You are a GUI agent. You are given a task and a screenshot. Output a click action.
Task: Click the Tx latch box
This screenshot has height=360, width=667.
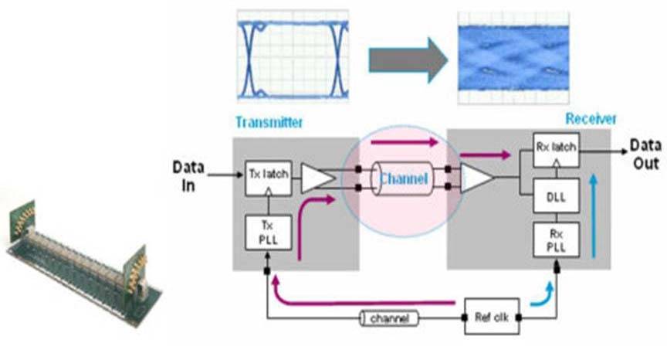[x=269, y=178]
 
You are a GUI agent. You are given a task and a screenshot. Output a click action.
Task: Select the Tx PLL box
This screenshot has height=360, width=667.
[x=269, y=233]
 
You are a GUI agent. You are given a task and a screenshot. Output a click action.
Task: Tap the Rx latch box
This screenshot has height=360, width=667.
[x=556, y=150]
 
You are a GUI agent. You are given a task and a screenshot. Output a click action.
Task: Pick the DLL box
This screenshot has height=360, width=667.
[x=556, y=195]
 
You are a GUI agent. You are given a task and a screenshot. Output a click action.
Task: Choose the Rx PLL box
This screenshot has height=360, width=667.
[x=556, y=240]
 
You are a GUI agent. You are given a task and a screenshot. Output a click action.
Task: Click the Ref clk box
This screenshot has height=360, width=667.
[x=492, y=317]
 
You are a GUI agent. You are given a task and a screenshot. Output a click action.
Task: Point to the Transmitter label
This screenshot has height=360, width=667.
[x=269, y=123]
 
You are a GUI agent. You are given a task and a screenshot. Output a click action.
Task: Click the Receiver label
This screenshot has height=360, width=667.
[x=591, y=119]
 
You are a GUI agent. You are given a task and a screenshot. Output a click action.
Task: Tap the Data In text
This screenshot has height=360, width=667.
[x=188, y=176]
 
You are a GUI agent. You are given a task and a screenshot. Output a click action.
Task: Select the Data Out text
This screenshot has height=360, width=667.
[x=645, y=154]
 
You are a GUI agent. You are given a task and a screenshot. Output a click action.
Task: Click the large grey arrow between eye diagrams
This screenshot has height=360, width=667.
[x=408, y=60]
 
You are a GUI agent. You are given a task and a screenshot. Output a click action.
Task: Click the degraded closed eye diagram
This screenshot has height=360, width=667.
[x=513, y=58]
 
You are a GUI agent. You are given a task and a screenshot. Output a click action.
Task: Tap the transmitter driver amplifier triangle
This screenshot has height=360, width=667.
[x=317, y=178]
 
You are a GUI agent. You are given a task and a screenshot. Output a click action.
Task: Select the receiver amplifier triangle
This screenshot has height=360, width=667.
[x=476, y=178]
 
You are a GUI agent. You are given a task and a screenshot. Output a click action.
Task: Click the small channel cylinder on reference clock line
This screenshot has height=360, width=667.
[x=389, y=318]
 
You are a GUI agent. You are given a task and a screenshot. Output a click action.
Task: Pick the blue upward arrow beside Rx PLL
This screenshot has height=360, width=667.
[x=594, y=216]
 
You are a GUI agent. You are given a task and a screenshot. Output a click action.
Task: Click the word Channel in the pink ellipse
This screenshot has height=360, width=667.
[x=403, y=178]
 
